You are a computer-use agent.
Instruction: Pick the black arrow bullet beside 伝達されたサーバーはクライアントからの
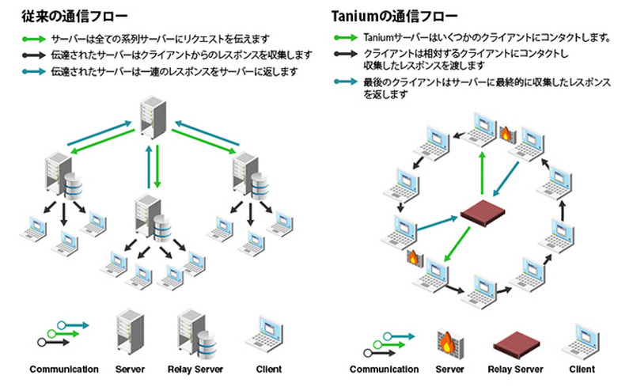click(35, 55)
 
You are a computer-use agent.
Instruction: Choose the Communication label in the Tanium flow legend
click(385, 370)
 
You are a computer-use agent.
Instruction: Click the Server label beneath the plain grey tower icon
click(131, 370)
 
